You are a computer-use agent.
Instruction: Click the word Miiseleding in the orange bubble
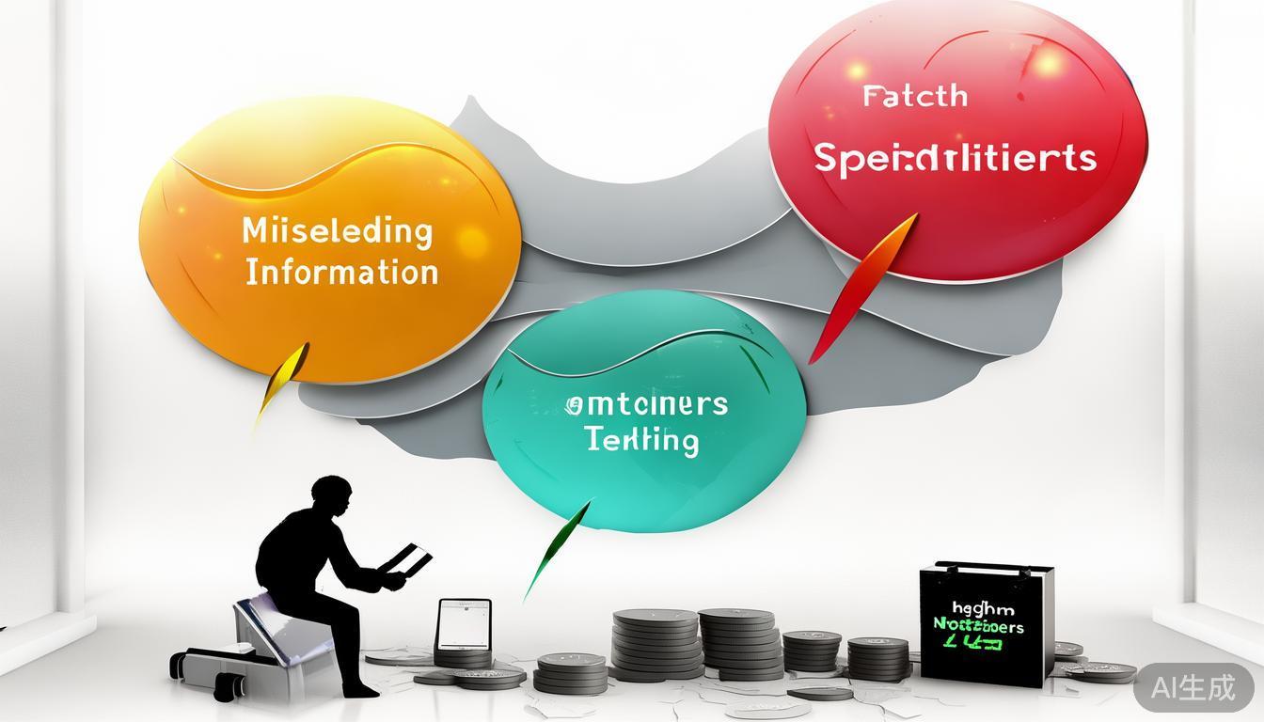337,231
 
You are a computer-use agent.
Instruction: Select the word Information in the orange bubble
341,273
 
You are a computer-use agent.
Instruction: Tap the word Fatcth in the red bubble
914,96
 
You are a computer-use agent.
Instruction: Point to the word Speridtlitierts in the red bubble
955,158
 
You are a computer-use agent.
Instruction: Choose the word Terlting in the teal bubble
641,440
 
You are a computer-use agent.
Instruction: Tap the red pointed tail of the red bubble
861,282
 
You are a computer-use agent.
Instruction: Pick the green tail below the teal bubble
557,550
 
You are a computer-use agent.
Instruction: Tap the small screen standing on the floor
464,624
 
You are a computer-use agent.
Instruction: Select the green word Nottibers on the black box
978,625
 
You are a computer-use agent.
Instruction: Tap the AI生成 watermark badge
1193,687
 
